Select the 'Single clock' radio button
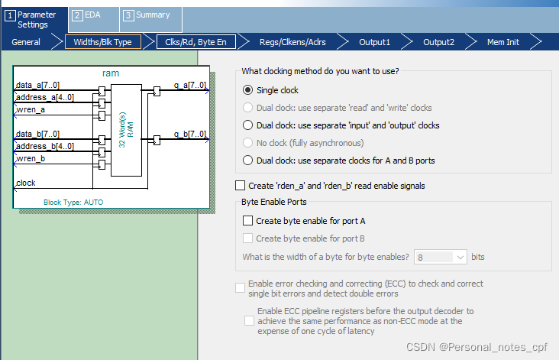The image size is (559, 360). click(247, 90)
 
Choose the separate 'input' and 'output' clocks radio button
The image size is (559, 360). click(247, 125)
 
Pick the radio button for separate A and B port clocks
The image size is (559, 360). click(247, 161)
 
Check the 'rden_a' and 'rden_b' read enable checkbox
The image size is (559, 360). click(241, 186)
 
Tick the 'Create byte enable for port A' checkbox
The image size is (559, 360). click(247, 221)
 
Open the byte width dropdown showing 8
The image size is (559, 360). click(441, 257)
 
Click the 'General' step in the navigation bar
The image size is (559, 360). click(26, 42)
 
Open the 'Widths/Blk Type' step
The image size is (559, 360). click(102, 42)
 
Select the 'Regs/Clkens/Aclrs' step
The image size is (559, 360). click(292, 42)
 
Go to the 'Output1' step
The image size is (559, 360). click(374, 42)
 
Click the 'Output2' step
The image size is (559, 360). click(438, 42)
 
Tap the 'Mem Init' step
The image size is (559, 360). click(503, 42)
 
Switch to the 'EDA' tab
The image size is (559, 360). click(92, 15)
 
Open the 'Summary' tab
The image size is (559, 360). click(153, 15)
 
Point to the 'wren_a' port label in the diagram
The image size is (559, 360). click(31, 109)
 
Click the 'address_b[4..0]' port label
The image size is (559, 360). click(45, 146)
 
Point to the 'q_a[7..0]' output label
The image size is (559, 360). click(190, 86)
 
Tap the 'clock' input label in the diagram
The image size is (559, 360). click(26, 183)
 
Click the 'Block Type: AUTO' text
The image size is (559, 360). click(73, 203)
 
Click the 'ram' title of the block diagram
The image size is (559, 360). click(111, 73)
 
